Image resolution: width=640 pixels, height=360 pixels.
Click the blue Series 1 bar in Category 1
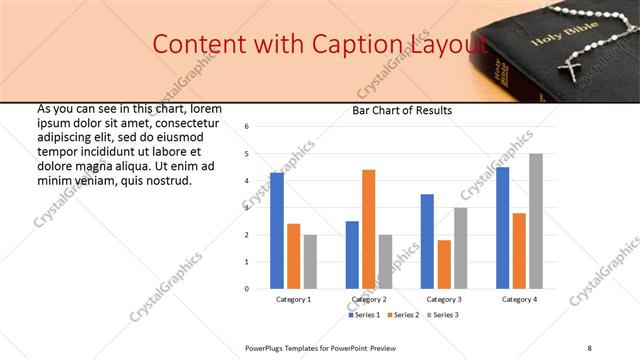[277, 231]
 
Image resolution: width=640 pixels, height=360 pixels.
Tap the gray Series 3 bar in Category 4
[536, 221]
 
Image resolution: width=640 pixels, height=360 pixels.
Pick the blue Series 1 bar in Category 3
[427, 241]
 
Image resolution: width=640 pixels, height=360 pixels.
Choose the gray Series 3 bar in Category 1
[310, 261]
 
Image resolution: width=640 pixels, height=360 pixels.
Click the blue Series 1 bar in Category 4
[502, 228]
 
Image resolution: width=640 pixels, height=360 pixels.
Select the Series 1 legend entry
[365, 315]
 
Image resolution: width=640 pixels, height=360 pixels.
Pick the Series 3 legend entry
[443, 315]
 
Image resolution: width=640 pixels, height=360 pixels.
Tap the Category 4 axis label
[518, 300]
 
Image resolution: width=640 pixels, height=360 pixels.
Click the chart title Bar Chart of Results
[402, 110]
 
